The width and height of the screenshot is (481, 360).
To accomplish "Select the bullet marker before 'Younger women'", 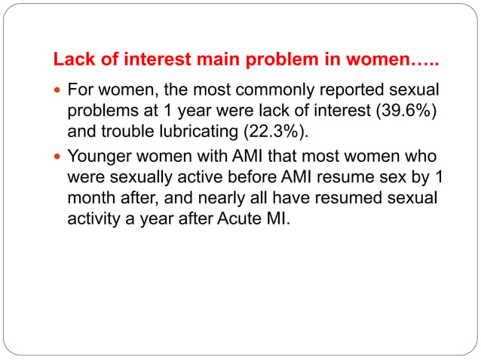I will pyautogui.click(x=58, y=158).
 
